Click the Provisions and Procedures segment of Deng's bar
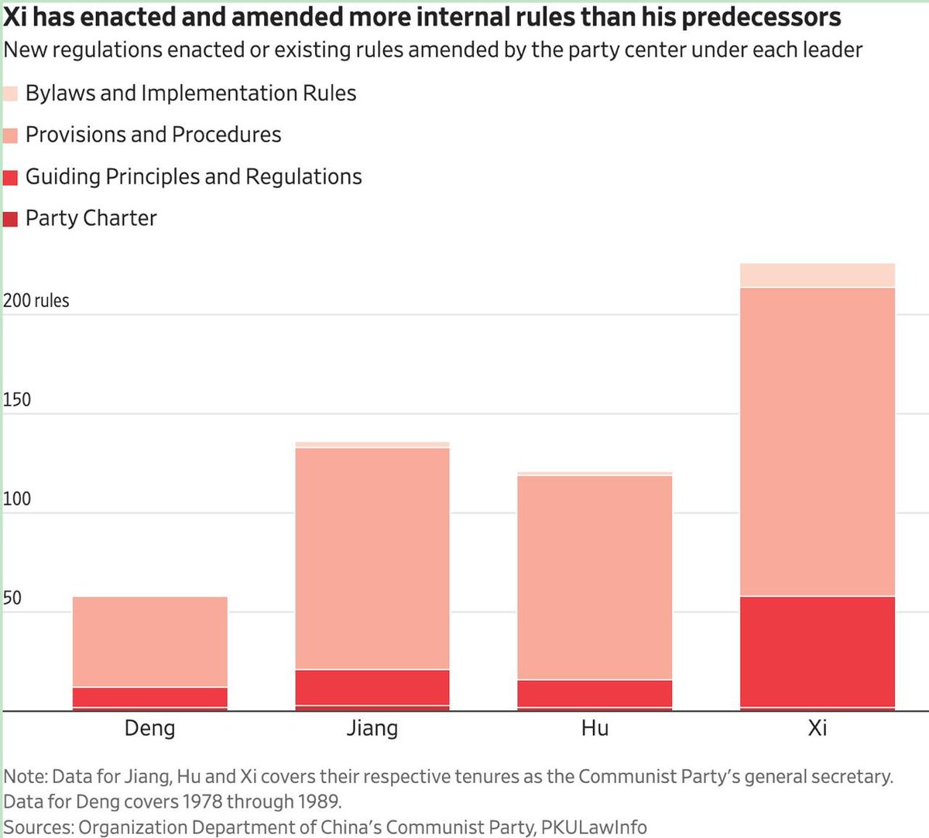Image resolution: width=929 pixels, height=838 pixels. point(150,641)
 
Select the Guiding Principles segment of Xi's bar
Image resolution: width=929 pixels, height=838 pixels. point(818,652)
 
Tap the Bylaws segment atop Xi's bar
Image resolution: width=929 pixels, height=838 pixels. point(818,275)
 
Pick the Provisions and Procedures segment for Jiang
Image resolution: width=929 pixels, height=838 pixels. point(372,559)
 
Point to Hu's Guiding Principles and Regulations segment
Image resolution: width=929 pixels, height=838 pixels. point(595,693)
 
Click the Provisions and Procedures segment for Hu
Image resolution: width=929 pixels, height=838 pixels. point(595,577)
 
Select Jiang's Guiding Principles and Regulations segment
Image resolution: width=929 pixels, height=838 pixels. point(372,688)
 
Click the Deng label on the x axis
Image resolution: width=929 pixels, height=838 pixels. point(150,728)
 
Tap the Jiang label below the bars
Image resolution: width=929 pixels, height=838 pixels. point(372,729)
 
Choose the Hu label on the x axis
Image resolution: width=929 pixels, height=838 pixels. point(595,728)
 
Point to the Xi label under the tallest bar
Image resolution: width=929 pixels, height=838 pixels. point(818,728)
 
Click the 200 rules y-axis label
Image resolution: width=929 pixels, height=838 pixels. point(36,301)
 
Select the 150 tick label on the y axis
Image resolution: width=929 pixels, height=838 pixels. point(17,399)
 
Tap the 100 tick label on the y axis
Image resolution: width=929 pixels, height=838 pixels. point(17,499)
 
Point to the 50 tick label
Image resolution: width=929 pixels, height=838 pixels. point(12,598)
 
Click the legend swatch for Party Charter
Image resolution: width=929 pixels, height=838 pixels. point(10,219)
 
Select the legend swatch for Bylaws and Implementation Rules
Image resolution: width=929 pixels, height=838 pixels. point(10,94)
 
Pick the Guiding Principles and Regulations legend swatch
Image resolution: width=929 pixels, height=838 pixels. point(10,177)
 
